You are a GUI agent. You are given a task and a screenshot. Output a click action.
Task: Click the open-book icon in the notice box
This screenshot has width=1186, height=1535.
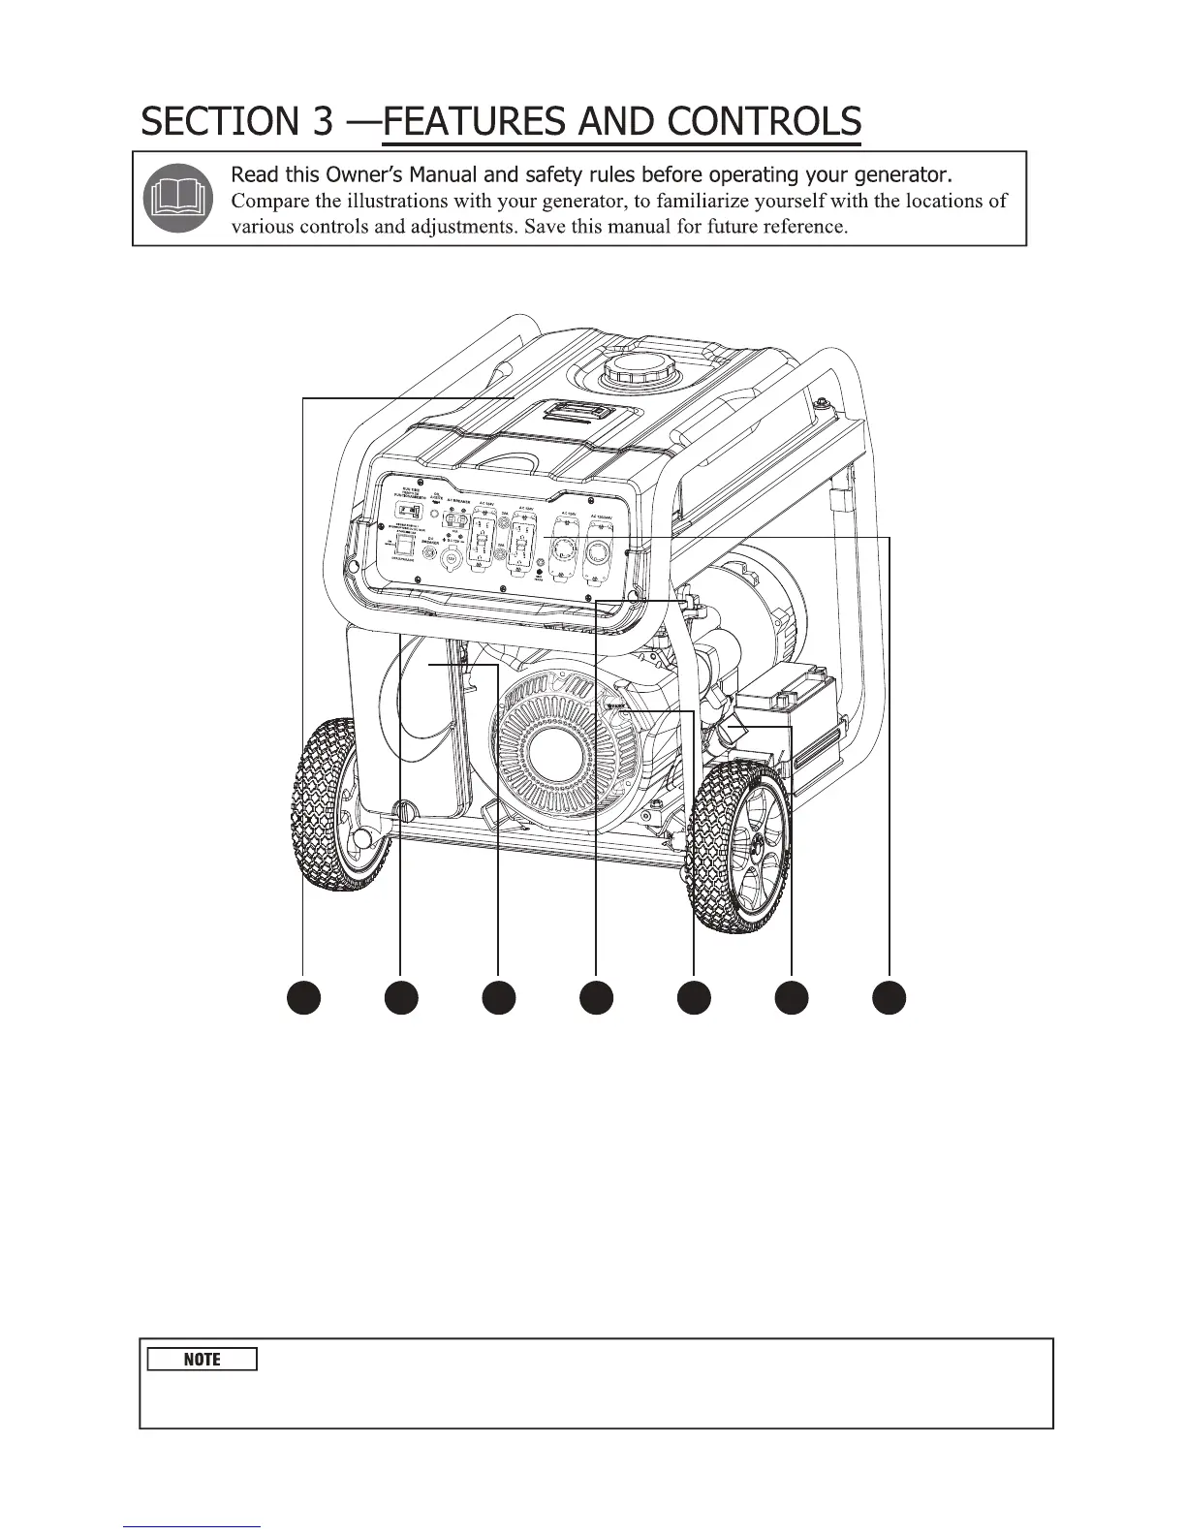point(176,197)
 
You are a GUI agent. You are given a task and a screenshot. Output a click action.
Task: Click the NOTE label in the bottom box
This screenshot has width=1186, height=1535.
point(202,1360)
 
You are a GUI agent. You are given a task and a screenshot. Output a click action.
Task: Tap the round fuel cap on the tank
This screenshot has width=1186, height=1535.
point(631,371)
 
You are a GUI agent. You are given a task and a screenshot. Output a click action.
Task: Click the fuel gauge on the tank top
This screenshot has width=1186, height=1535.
point(577,412)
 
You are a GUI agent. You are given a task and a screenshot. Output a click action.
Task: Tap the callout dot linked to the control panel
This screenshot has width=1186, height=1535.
point(889,998)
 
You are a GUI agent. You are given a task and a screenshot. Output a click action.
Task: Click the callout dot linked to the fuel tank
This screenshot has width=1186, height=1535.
point(304,998)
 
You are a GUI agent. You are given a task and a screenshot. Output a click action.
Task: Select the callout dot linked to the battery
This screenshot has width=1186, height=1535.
point(792,998)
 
